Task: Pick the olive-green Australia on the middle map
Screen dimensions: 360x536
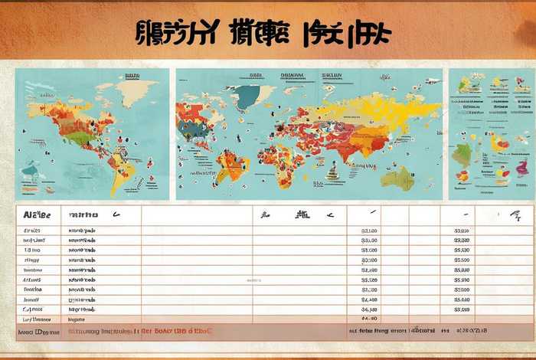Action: pos(398,178)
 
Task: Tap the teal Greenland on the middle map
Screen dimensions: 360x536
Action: pos(247,97)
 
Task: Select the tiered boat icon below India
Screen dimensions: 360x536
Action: pos(332,171)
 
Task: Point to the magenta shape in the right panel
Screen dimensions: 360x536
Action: pos(521,167)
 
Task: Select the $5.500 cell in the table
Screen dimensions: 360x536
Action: pos(462,260)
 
